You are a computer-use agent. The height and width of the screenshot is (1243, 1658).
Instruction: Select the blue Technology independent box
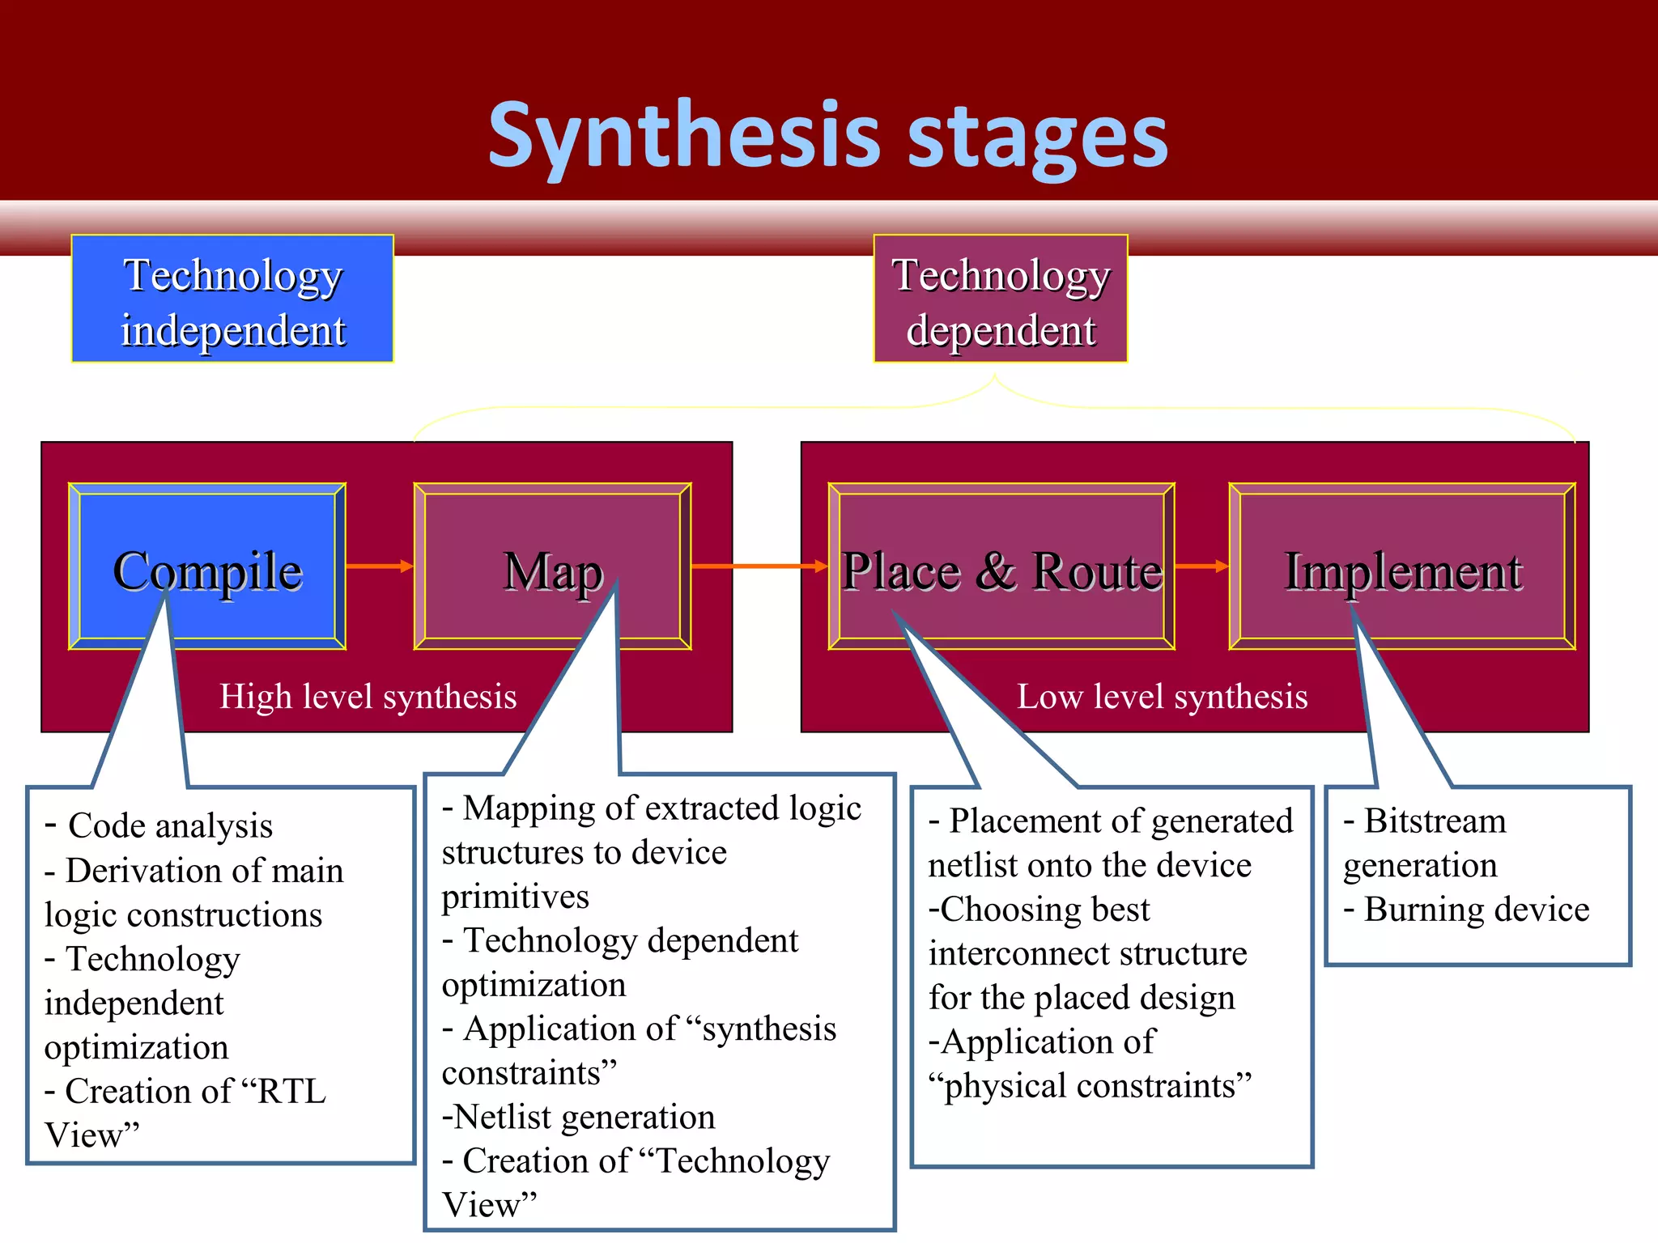tap(232, 299)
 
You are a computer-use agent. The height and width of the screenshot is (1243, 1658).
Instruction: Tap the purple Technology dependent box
tap(1001, 299)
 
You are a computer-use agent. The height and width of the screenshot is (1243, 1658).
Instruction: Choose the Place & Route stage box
tap(1001, 566)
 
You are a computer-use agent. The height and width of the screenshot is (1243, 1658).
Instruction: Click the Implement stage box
tap(1402, 566)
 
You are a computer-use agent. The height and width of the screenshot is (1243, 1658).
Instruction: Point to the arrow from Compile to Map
tap(379, 566)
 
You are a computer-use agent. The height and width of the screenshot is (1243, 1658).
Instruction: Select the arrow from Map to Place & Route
tap(759, 566)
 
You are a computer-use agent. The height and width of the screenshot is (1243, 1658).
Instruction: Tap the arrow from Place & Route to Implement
tap(1201, 566)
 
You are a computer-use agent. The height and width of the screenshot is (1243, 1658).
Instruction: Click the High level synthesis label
tap(368, 697)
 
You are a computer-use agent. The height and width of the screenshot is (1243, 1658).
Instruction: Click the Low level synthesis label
tap(1162, 697)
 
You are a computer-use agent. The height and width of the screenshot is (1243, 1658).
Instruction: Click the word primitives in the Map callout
tap(516, 897)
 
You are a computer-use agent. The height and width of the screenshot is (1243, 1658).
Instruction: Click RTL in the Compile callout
tap(292, 1092)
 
